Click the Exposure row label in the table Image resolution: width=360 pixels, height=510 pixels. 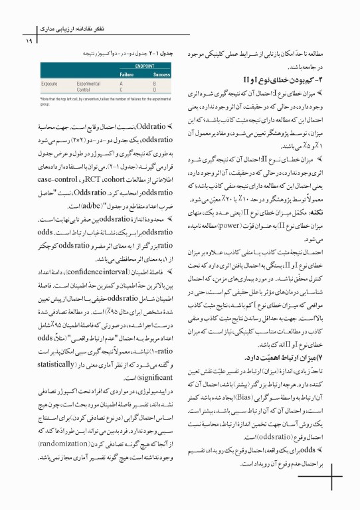tap(49, 83)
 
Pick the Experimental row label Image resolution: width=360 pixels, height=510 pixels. tap(88, 83)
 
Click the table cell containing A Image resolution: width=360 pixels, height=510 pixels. tap(122, 83)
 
